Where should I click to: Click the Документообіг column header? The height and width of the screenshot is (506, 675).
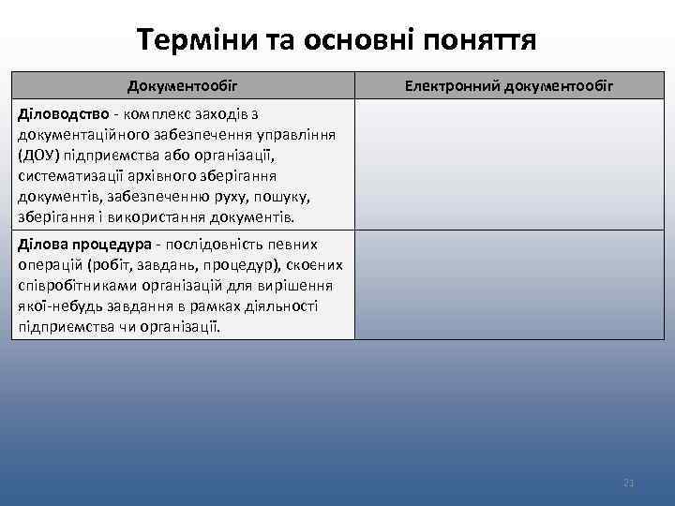click(183, 86)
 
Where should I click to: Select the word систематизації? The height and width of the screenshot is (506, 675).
click(71, 176)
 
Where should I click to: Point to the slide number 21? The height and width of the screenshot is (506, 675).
click(629, 483)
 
